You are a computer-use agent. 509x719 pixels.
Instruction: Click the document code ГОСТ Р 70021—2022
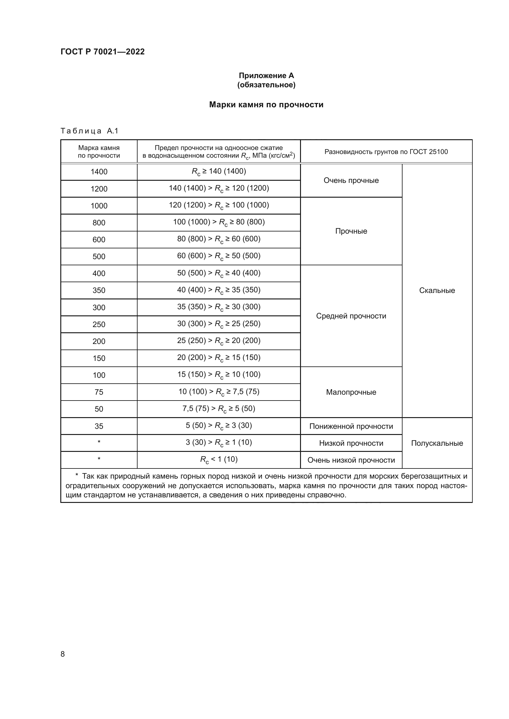[102, 52]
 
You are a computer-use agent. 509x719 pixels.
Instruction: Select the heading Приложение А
[266, 76]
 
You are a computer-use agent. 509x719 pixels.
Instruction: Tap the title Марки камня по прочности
[266, 105]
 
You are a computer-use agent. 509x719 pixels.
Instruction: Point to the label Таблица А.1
[89, 131]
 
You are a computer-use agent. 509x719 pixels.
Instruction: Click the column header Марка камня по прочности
[99, 152]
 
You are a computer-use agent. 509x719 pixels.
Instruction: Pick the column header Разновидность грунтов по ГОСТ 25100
[386, 152]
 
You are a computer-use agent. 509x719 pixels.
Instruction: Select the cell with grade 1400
[99, 172]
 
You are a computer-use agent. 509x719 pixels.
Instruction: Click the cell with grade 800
[99, 223]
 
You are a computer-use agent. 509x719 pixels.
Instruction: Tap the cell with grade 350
[99, 290]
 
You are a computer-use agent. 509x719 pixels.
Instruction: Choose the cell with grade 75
[99, 392]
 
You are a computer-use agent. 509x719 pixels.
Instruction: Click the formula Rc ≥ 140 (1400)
[218, 172]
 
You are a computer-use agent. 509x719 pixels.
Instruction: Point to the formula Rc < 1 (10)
[218, 459]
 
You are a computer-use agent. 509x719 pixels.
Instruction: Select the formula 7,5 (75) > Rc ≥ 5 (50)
[218, 409]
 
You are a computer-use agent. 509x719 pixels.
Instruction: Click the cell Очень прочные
[351, 180]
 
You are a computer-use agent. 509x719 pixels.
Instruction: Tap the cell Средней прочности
[351, 316]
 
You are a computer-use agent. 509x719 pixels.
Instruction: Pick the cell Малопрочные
[351, 392]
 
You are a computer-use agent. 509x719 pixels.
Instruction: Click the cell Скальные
[437, 290]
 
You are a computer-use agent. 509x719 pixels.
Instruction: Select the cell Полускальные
[437, 443]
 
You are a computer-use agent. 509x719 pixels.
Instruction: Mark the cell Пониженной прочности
[351, 426]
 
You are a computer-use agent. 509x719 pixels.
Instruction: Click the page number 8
[63, 654]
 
